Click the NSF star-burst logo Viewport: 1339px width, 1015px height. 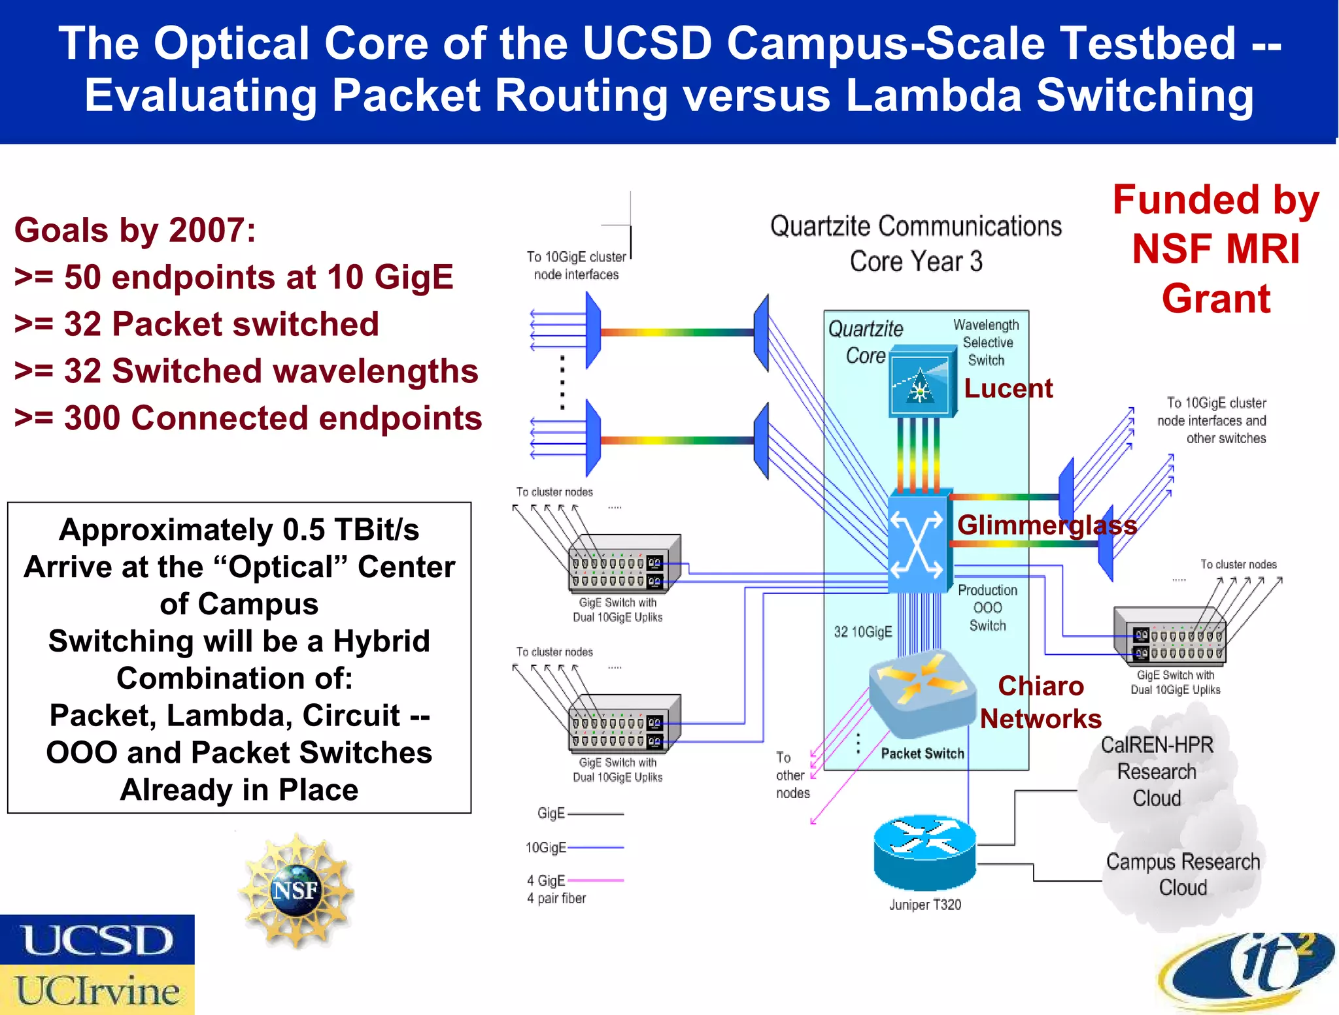(x=296, y=890)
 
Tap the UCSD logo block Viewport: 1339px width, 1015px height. (x=97, y=940)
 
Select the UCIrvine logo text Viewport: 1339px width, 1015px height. (x=97, y=990)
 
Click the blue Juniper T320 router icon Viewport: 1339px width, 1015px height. (x=924, y=852)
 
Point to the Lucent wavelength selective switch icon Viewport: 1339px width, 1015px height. (x=921, y=384)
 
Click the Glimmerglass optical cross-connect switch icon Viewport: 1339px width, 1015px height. (x=917, y=542)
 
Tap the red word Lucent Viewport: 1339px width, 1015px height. (x=1008, y=389)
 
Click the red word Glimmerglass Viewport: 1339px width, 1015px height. (x=1047, y=525)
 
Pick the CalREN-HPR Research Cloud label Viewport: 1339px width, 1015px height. (x=1157, y=771)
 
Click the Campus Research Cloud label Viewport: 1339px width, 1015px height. (x=1183, y=874)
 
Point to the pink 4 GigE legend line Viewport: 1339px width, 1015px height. (x=596, y=880)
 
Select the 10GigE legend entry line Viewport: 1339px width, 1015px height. (x=596, y=847)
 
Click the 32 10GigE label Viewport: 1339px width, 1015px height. (x=862, y=631)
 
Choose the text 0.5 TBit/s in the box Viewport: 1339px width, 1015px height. (x=350, y=530)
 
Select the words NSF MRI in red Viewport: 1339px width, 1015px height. (x=1215, y=249)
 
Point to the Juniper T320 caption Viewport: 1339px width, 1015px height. (x=924, y=905)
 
